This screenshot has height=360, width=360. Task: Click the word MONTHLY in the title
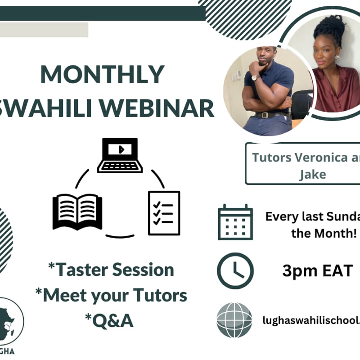[102, 74]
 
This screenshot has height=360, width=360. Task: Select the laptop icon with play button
[120, 155]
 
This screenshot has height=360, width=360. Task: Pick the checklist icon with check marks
[164, 213]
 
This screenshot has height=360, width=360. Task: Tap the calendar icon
[235, 222]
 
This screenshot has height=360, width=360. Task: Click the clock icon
[235, 270]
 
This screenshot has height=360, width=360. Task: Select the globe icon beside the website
[234, 320]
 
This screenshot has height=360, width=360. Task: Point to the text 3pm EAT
[317, 271]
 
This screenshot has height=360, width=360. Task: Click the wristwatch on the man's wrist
[255, 77]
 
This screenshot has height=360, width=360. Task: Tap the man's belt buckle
[261, 115]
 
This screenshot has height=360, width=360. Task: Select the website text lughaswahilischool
[310, 320]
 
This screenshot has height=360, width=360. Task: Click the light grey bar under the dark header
[44, 30]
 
